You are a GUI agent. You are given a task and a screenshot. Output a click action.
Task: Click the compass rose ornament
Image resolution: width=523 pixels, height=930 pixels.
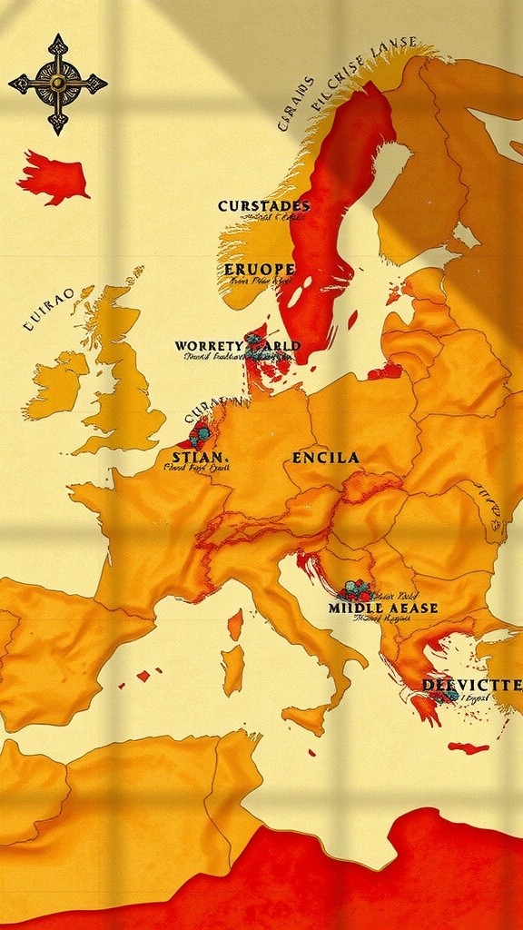pos(57,84)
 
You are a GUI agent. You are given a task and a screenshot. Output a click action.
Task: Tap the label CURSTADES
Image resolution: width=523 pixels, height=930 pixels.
pos(263,206)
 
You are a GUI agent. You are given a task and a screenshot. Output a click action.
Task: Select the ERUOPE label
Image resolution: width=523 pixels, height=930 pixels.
pos(259,269)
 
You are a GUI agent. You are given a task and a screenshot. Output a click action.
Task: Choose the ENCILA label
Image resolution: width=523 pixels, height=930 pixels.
pos(325,458)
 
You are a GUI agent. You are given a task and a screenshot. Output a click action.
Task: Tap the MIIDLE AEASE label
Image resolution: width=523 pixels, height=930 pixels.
pos(383,608)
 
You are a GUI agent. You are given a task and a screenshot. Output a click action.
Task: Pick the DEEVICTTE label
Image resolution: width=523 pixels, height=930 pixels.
pos(472,684)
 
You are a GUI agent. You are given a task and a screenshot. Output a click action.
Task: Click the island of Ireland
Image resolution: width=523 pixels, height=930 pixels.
pos(57,386)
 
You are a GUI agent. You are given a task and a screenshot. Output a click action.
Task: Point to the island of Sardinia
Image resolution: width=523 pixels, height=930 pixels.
pos(233,670)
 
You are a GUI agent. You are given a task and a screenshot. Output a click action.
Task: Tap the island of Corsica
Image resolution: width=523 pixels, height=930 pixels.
pos(235,624)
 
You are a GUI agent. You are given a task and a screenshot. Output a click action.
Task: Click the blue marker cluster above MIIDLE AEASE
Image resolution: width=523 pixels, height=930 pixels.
pos(353,589)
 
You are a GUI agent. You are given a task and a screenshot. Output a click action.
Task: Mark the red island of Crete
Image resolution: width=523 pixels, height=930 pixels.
pos(468,747)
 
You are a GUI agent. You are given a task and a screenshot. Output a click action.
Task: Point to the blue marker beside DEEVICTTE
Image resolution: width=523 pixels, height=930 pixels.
pos(448,695)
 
